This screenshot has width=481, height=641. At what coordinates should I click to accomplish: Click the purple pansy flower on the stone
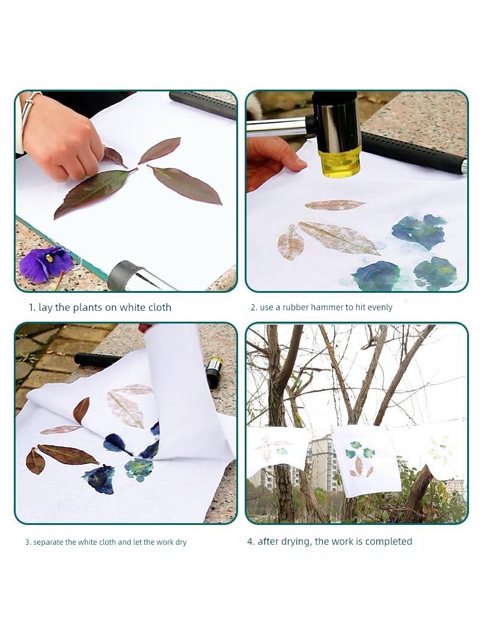(46, 264)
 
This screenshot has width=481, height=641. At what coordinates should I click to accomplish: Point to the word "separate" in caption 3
(48, 543)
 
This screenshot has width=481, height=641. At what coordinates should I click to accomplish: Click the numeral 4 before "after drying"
(250, 542)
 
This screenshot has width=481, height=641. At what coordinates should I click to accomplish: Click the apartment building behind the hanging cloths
(325, 462)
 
